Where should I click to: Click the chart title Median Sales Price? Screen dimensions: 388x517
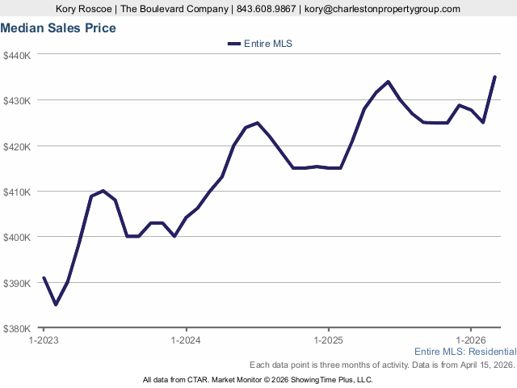tap(58, 28)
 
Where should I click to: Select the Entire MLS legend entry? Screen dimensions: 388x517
tap(260, 44)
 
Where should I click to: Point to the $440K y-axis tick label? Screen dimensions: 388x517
tap(16, 55)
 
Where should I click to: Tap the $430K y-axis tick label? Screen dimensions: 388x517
tap(16, 100)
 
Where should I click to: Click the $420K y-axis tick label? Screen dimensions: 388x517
tap(16, 146)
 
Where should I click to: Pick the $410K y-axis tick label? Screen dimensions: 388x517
tap(16, 192)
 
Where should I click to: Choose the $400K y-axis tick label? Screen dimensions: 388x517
tap(16, 237)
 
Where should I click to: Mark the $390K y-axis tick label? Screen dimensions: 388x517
tap(16, 283)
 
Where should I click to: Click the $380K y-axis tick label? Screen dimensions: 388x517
tap(16, 328)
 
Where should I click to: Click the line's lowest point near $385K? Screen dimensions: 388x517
tap(56, 305)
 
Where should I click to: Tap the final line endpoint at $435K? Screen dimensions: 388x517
tap(494, 77)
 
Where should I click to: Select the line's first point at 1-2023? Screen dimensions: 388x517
tap(44, 277)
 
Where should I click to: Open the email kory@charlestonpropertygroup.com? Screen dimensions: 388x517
tap(382, 9)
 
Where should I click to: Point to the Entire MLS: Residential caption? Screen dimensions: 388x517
tap(464, 352)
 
